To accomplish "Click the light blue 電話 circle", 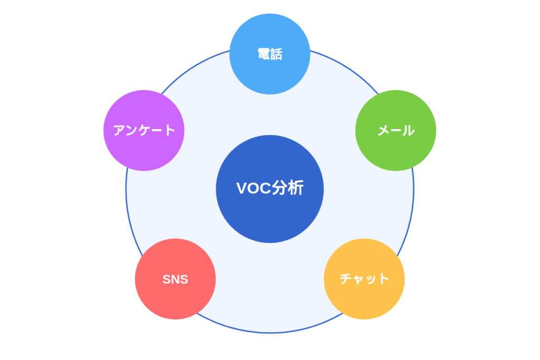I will tap(269, 54).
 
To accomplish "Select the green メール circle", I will tap(396, 130).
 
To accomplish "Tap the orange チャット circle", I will tap(364, 279).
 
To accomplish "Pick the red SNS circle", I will tap(175, 279).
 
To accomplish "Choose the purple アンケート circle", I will tap(144, 130).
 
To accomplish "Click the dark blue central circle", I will tap(269, 211).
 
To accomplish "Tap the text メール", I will tap(396, 130).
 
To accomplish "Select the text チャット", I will tap(364, 279).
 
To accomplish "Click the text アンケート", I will tap(144, 130).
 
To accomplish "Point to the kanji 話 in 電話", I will tap(276, 54).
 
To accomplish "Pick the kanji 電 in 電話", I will tap(263, 54).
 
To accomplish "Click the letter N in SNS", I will tap(175, 279).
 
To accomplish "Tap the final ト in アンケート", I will tap(169, 130).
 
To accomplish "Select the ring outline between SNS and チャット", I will tap(269, 333).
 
